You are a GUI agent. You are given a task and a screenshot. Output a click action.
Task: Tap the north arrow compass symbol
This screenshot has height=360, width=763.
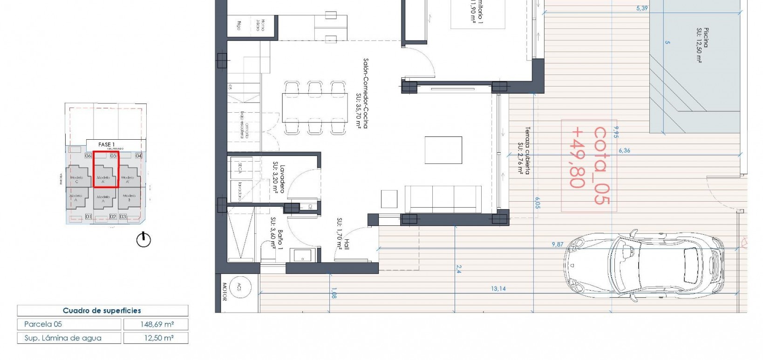pyautogui.click(x=143, y=240)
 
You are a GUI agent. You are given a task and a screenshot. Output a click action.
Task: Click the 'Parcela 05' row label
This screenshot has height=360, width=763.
pyautogui.click(x=43, y=324)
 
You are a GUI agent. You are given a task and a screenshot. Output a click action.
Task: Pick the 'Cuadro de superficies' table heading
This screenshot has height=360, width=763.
pyautogui.click(x=102, y=311)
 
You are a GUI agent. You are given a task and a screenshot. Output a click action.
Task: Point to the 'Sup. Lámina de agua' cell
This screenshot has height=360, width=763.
pyautogui.click(x=63, y=338)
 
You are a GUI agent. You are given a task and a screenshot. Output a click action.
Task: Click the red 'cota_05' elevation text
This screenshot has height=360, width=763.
pyautogui.click(x=600, y=165)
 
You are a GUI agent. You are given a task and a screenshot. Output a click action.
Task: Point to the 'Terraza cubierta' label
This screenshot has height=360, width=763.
pyautogui.click(x=525, y=150)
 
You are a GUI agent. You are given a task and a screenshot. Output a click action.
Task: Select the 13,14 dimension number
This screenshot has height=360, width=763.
pyautogui.click(x=498, y=289)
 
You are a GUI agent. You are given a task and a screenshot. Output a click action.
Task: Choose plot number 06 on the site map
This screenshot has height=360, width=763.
pyautogui.click(x=88, y=156)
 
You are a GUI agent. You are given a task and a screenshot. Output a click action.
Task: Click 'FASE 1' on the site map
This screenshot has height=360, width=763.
pyautogui.click(x=106, y=144)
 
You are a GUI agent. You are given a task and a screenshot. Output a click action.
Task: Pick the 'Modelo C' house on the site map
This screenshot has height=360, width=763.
pyautogui.click(x=77, y=179)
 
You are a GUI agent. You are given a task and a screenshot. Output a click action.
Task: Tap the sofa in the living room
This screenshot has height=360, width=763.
pyautogui.click(x=443, y=199)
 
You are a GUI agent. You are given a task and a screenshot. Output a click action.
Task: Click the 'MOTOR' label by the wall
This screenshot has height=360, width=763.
pyautogui.click(x=224, y=292)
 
